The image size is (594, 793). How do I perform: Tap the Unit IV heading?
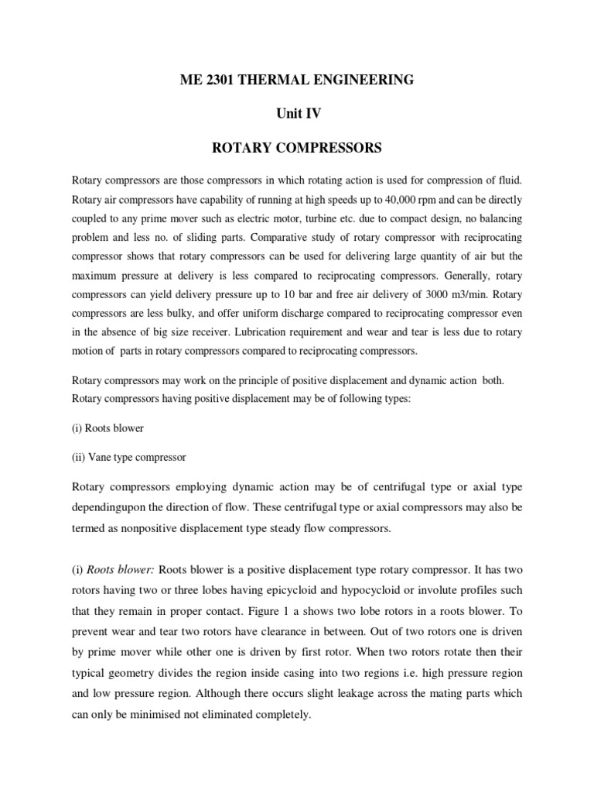coord(298,113)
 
